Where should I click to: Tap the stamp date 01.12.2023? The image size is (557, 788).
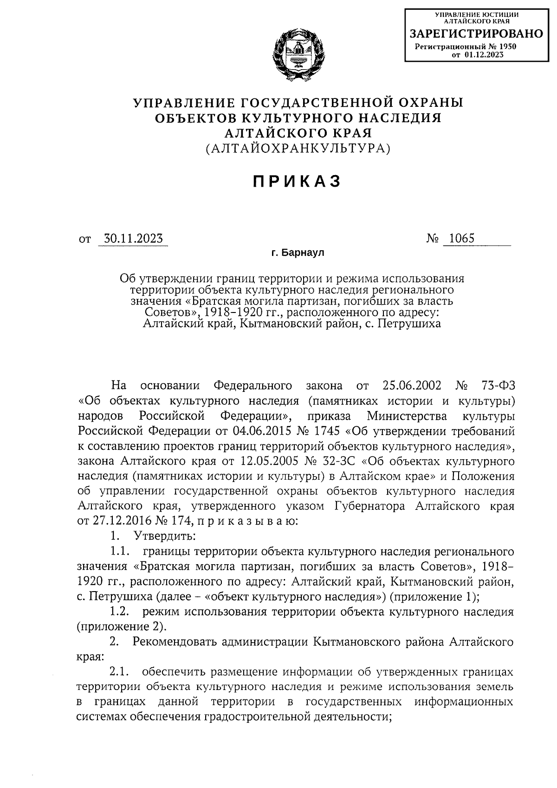pos(484,55)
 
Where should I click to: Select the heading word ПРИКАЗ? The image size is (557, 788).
pos(298,182)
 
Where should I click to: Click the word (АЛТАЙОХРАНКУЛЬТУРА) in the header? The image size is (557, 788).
pos(298,149)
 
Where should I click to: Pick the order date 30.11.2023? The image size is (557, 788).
pos(133,239)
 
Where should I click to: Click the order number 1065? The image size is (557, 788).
pos(459,239)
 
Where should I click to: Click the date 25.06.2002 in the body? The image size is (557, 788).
pos(414,385)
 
